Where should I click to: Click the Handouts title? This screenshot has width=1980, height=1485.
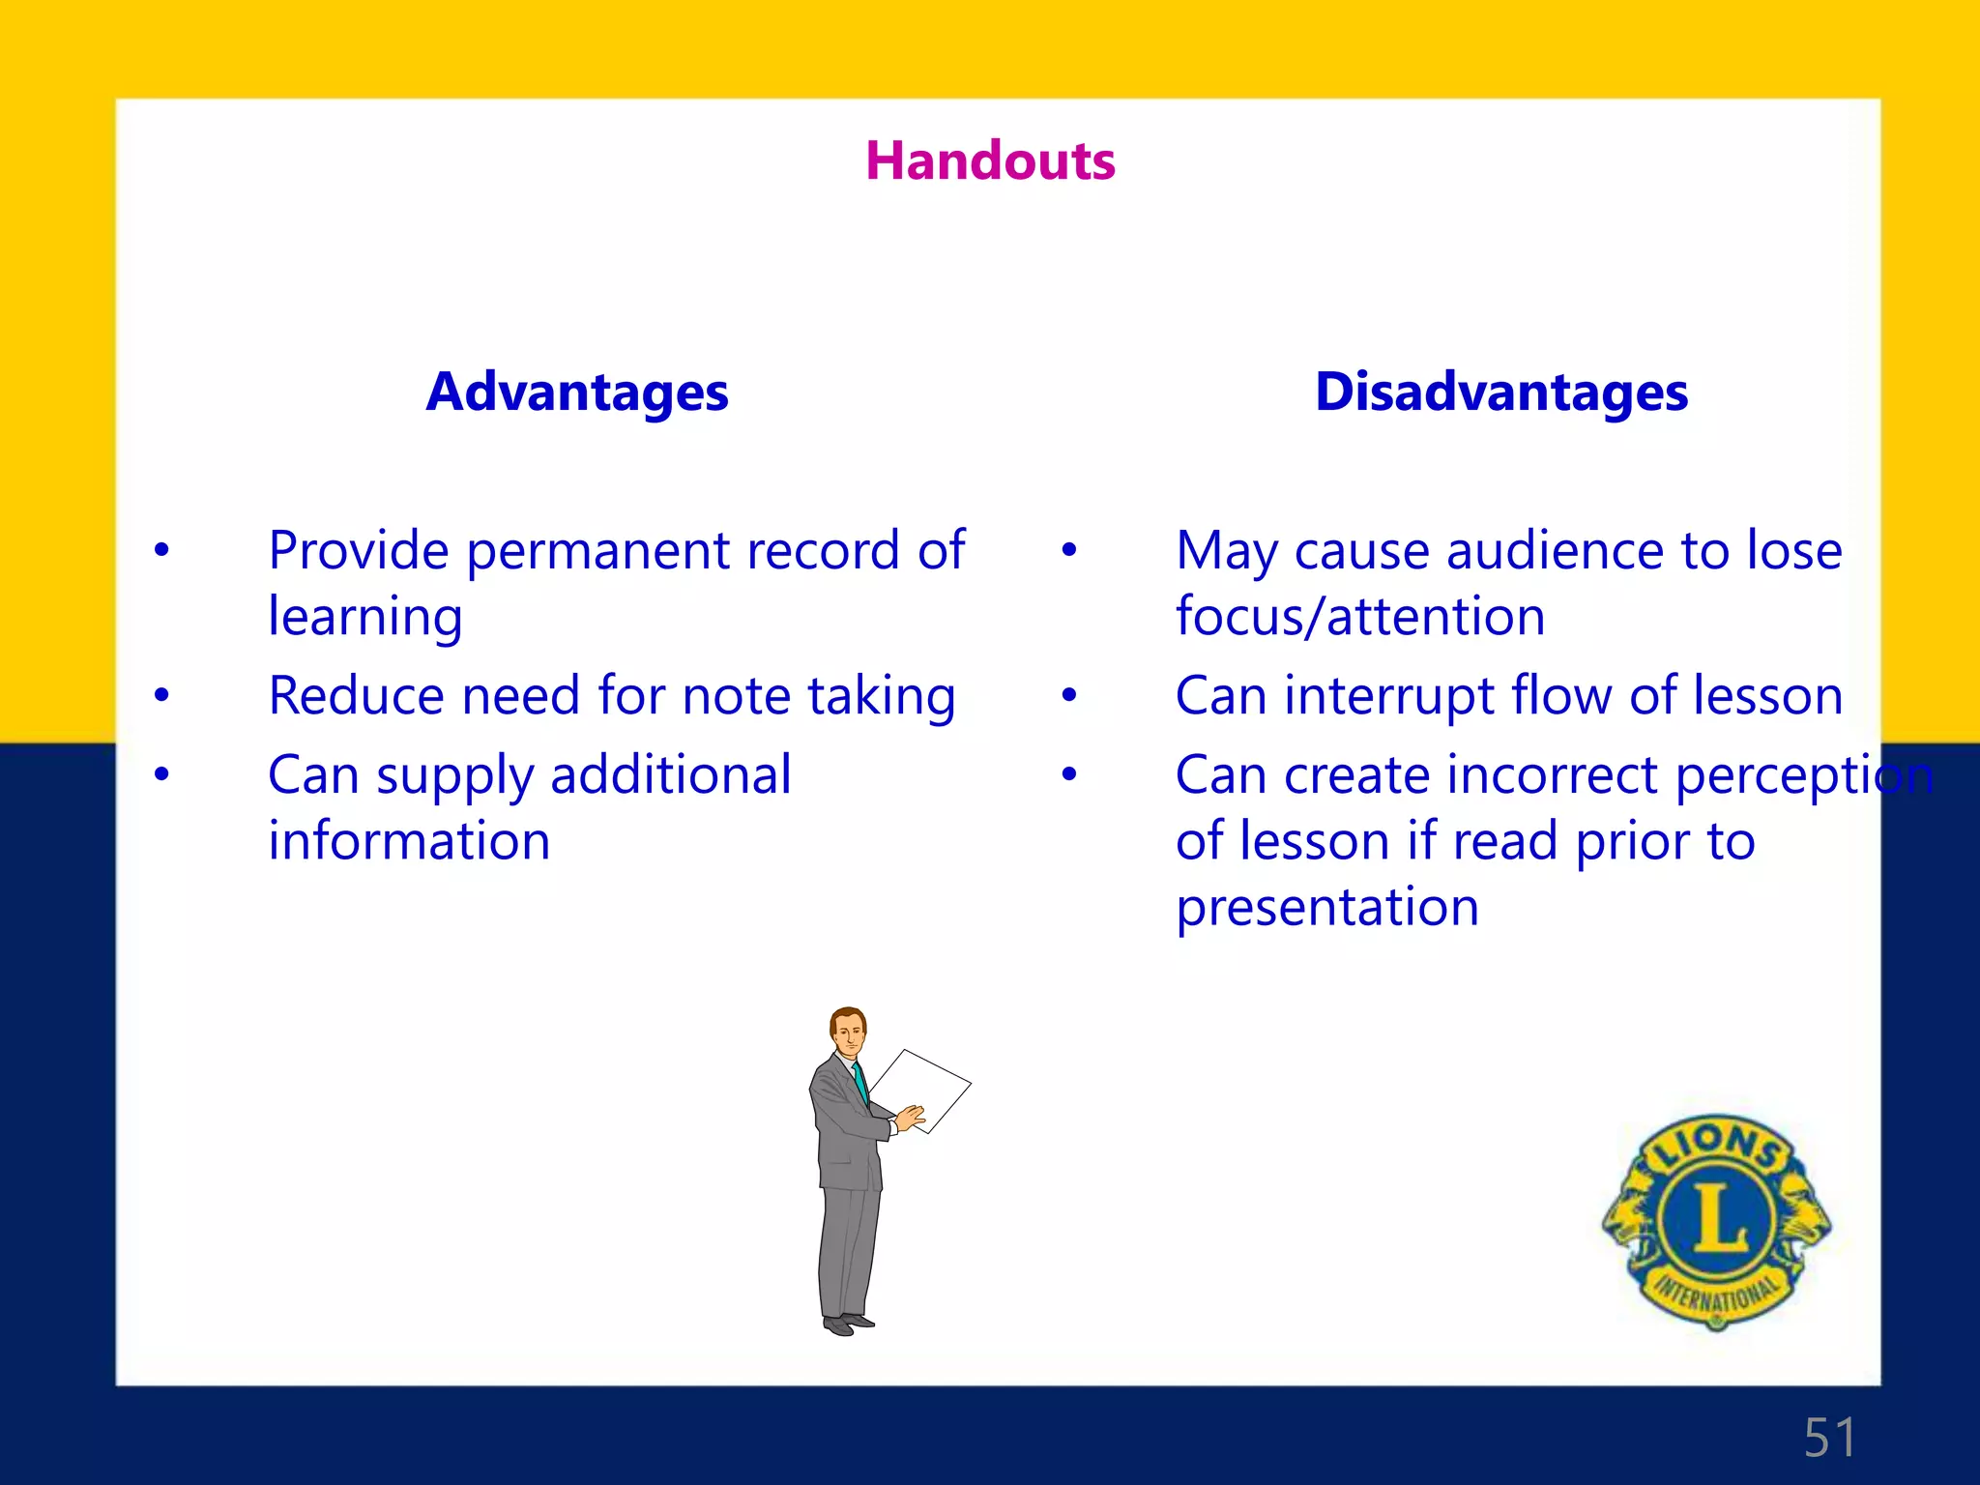point(990,160)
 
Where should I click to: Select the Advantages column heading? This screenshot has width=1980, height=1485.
point(577,393)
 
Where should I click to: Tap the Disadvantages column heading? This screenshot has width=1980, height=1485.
point(1501,393)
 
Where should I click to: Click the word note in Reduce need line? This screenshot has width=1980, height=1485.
point(737,696)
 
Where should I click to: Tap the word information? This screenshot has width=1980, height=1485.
point(409,841)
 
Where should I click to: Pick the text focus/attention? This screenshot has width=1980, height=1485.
point(1360,617)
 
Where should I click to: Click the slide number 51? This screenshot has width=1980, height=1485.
point(1829,1438)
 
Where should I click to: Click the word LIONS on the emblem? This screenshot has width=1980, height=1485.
point(1717,1144)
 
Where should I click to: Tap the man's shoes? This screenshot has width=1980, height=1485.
point(848,1324)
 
